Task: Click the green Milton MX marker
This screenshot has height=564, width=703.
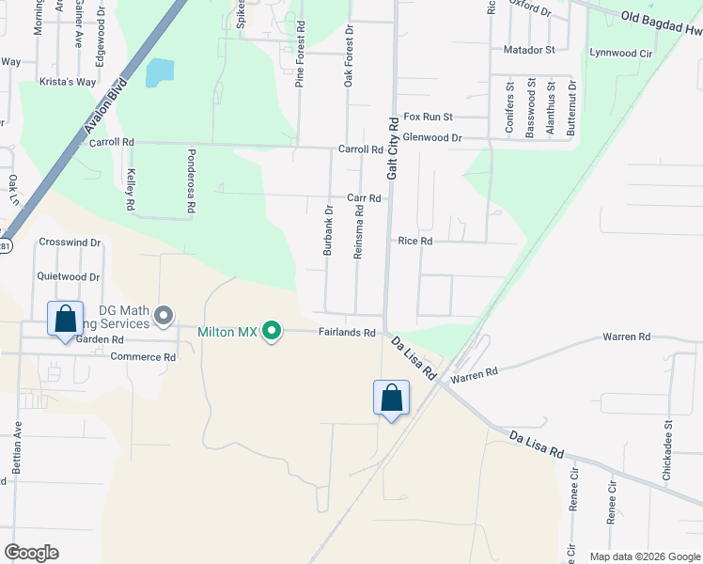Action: tap(272, 331)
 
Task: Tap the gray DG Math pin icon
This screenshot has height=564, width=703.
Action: tap(164, 315)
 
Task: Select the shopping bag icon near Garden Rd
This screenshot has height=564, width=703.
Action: tap(65, 319)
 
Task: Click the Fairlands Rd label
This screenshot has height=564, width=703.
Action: tap(347, 332)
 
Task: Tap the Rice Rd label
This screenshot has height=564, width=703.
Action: tap(414, 242)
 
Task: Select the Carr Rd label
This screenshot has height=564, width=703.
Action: tap(363, 198)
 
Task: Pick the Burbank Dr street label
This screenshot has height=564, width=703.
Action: tap(328, 231)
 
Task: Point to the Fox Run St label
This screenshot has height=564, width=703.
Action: tap(428, 117)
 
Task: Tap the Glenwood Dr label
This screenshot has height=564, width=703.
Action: tap(430, 137)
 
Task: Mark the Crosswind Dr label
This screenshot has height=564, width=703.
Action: tap(69, 242)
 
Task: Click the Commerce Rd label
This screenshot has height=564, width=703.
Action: tap(143, 357)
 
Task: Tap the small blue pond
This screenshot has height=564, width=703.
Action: tap(161, 72)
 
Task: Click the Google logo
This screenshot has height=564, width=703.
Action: tap(31, 552)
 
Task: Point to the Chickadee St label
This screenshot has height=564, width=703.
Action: tap(667, 456)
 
